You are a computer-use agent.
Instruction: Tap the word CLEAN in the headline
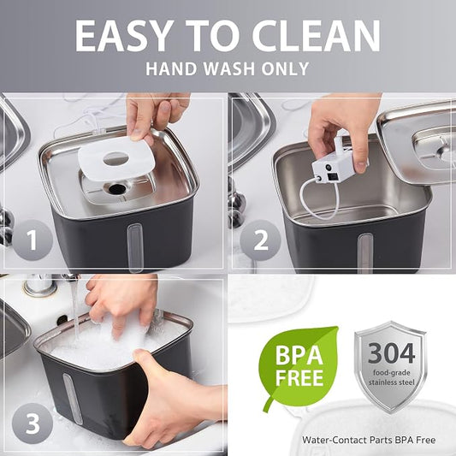[x=317, y=36]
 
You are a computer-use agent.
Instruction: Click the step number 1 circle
[x=33, y=240]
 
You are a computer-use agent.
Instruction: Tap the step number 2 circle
[x=261, y=240]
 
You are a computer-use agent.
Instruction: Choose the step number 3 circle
[x=33, y=423]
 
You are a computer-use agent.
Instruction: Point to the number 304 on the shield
[x=391, y=352]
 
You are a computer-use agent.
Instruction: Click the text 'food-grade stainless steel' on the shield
[x=392, y=377]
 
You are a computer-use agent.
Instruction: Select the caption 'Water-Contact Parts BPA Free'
[x=369, y=440]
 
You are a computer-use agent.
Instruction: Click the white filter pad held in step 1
[x=116, y=158]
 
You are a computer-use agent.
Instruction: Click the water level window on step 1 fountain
[x=135, y=247]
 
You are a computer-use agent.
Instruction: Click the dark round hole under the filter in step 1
[x=117, y=189]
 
